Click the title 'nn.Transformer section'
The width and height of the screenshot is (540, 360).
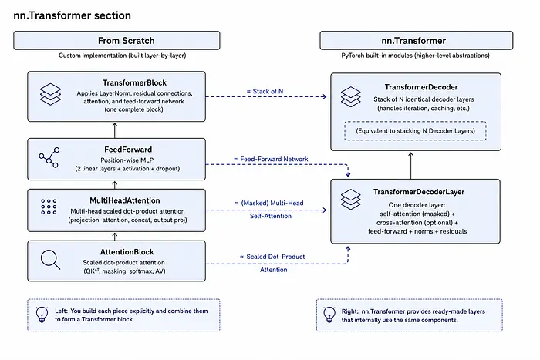tap(72, 15)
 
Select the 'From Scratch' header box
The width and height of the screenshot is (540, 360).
tap(116, 41)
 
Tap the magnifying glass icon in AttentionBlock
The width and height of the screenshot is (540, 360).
tap(50, 260)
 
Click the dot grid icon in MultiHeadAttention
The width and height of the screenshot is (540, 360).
tap(49, 207)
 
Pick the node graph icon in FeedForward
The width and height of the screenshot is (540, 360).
tap(49, 157)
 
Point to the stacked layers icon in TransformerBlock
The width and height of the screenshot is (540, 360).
tap(50, 94)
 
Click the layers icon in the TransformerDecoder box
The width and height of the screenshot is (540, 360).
tap(350, 96)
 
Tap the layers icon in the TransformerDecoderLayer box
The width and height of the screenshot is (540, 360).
tap(350, 200)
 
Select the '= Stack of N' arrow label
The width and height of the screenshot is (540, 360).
tap(265, 91)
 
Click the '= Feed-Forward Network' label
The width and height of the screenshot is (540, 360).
tap(271, 159)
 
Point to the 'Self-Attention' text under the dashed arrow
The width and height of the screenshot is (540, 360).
tap(271, 216)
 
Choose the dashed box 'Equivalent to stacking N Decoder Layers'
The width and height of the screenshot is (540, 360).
tap(415, 131)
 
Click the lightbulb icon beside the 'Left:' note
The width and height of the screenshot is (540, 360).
tap(42, 315)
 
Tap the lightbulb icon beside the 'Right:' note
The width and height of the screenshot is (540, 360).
tap(329, 315)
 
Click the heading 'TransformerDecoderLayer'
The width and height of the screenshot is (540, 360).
tap(419, 192)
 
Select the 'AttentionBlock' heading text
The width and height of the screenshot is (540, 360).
tap(127, 252)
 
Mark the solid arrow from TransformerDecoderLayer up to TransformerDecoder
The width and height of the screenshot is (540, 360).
tap(411, 166)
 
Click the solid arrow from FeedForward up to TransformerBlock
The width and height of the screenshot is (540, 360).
tap(115, 130)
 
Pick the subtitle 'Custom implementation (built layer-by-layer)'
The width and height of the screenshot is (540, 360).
tap(122, 56)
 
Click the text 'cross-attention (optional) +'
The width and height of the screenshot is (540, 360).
tap(417, 222)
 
